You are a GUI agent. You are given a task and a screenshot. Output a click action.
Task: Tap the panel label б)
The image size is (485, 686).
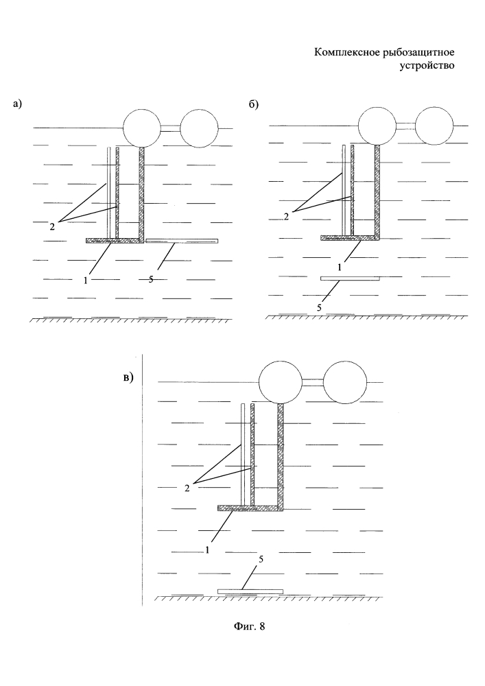(253, 104)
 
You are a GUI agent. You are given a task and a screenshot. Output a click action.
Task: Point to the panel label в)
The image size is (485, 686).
(128, 377)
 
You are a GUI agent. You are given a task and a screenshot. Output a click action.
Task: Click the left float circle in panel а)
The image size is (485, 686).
(143, 128)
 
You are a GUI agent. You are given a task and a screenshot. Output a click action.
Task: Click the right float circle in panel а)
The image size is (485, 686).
(199, 128)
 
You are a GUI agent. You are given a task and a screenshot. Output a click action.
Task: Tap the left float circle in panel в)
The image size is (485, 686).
(279, 383)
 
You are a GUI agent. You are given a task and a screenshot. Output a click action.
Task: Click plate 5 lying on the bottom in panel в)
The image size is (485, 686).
(250, 591)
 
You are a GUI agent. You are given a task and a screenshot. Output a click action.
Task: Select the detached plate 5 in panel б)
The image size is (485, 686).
(350, 279)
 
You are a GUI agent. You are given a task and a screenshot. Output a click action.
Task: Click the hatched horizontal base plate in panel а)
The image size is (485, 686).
(114, 240)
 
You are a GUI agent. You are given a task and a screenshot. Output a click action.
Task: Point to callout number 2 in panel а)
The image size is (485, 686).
(52, 224)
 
